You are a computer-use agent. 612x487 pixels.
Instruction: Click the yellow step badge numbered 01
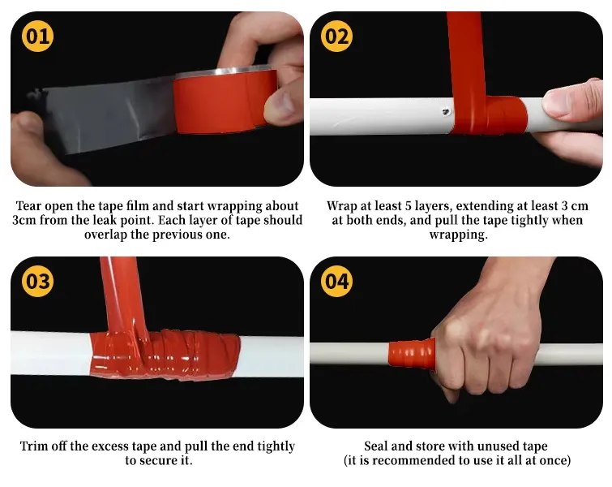(x=37, y=36)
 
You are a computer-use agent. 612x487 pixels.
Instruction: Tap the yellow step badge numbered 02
(x=336, y=36)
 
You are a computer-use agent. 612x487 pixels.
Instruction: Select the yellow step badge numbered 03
(x=37, y=281)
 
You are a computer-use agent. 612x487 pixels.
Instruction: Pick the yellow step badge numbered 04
(x=336, y=281)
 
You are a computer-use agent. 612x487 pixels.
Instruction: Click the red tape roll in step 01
(x=225, y=102)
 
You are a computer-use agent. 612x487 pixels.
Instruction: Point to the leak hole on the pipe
(x=446, y=112)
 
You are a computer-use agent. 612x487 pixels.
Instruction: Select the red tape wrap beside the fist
(x=412, y=353)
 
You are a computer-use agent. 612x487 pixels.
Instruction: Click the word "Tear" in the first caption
(x=29, y=206)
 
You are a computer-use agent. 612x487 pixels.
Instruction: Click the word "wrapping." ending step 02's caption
(x=459, y=235)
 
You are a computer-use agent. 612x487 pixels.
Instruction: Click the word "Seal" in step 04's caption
(x=376, y=446)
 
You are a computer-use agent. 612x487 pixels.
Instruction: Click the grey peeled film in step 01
(x=105, y=114)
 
